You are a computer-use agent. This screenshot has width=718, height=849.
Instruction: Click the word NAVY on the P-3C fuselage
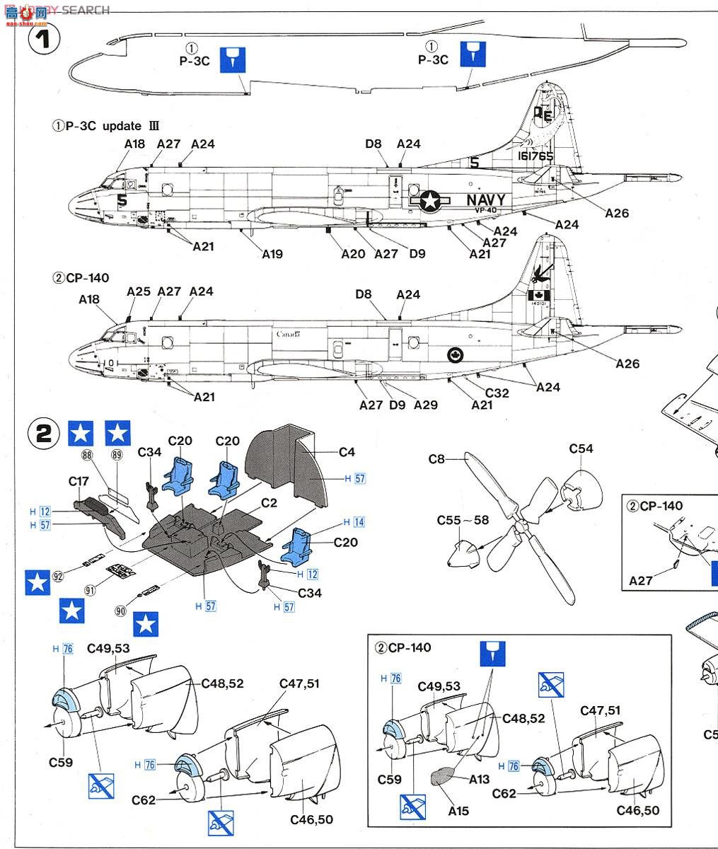(x=485, y=200)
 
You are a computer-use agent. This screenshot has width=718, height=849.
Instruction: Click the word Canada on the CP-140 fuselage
(x=289, y=334)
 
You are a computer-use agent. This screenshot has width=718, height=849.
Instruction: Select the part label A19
(x=272, y=253)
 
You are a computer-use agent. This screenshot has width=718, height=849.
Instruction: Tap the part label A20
(x=353, y=253)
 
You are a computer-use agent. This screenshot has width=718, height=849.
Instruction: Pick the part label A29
(x=426, y=405)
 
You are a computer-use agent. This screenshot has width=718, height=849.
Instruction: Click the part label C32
(x=497, y=393)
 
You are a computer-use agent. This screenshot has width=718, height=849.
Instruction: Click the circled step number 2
(x=44, y=433)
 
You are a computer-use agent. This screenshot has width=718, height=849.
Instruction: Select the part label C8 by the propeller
(x=436, y=459)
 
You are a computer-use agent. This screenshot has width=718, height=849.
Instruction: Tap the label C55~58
(x=463, y=520)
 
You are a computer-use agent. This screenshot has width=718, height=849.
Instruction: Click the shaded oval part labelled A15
(x=444, y=777)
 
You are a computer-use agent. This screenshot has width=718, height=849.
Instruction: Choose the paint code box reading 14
(x=359, y=522)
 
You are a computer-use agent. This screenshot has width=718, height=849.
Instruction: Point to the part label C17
(x=79, y=481)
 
